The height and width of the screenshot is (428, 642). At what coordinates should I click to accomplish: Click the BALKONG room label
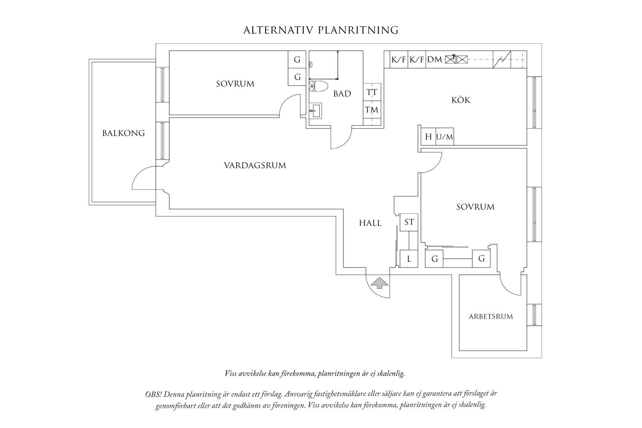[123, 133]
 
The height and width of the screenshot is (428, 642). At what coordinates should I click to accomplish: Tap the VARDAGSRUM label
[255, 166]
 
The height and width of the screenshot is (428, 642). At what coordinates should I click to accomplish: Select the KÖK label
[461, 100]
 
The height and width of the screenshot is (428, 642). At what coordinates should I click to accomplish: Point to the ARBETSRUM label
[491, 317]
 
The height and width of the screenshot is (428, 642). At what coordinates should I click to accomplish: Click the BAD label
[342, 94]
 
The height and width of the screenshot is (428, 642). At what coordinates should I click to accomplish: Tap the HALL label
[370, 223]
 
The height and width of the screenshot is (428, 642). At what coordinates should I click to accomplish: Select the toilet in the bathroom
[318, 87]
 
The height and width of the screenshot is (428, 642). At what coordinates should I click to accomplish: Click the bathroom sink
[315, 110]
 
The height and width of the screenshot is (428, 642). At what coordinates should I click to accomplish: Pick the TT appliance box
[372, 92]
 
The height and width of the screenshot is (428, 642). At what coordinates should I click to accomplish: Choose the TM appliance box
[371, 109]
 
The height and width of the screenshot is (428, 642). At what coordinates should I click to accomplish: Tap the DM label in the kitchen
[435, 59]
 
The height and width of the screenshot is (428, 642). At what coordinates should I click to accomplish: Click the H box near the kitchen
[428, 137]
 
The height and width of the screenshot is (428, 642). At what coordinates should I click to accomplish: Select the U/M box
[444, 137]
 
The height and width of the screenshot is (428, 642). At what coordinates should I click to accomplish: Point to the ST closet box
[409, 222]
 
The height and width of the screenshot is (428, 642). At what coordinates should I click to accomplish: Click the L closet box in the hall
[409, 259]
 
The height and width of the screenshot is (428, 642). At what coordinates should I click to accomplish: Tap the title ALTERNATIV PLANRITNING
[321, 30]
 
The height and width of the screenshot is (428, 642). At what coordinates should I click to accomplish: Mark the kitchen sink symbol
[457, 59]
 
